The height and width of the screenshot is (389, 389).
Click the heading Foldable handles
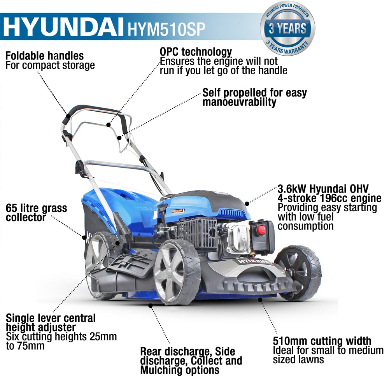(x=44, y=56)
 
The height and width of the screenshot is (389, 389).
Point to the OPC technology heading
(x=196, y=52)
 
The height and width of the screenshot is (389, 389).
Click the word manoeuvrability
(x=239, y=102)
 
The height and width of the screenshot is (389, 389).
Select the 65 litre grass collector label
(x=36, y=213)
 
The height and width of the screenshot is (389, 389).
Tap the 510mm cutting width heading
(x=322, y=341)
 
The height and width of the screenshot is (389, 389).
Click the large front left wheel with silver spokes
(x=177, y=271)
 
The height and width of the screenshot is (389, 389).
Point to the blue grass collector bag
(x=128, y=210)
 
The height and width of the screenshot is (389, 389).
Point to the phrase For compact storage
(x=50, y=65)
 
